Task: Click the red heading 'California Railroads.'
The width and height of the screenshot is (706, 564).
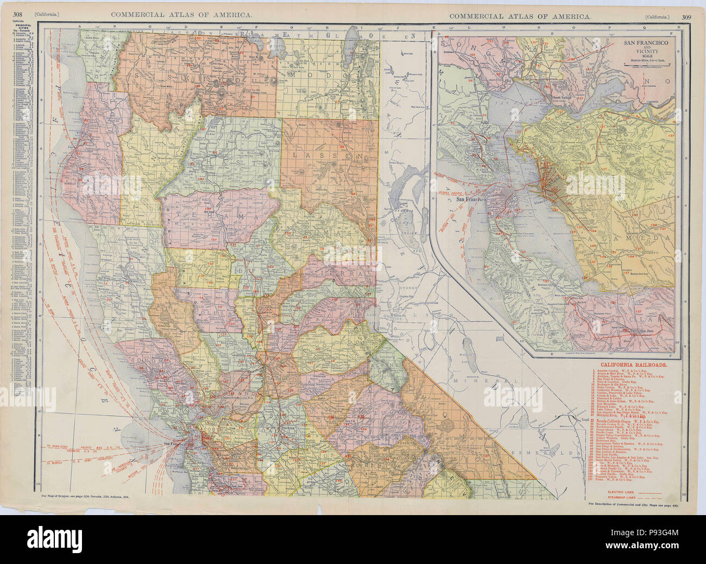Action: point(633,365)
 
